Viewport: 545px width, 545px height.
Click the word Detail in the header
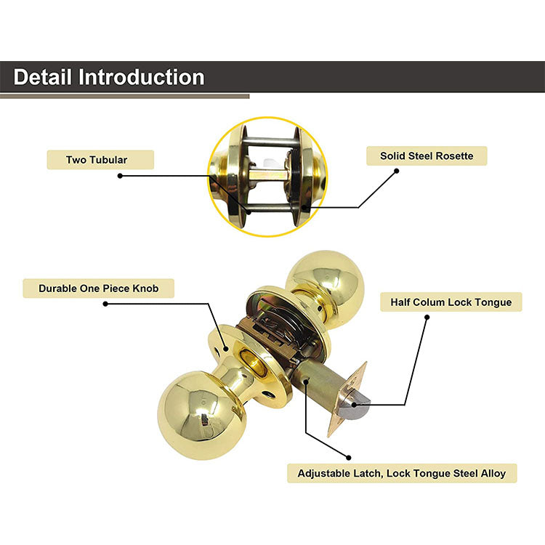43,77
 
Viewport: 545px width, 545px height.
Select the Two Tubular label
100,160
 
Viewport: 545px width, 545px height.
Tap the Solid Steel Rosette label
426,156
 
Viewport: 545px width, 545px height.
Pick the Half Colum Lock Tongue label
451,302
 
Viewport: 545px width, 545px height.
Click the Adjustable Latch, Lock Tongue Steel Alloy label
402,473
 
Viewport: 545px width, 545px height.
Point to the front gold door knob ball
192,414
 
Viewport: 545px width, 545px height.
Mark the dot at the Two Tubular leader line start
120,176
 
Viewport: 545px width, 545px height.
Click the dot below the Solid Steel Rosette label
396,171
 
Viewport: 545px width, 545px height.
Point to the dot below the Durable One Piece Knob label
105,304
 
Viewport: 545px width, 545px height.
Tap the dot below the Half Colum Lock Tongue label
427,318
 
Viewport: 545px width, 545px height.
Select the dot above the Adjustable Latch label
348,458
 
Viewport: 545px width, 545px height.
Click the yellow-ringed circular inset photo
267,177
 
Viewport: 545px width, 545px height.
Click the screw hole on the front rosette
270,393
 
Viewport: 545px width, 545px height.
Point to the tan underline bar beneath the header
124,95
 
